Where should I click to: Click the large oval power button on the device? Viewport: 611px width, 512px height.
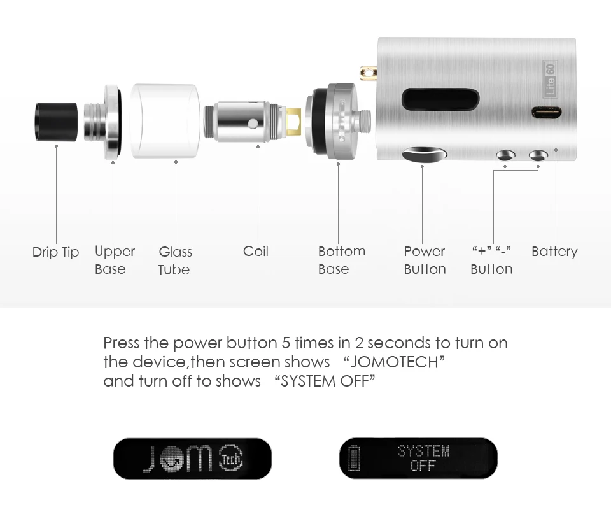pyautogui.click(x=425, y=155)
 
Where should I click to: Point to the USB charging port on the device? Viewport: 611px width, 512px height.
pyautogui.click(x=547, y=113)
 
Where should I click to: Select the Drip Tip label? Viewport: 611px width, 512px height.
pyautogui.click(x=56, y=252)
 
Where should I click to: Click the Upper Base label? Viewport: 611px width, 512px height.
pyautogui.click(x=115, y=260)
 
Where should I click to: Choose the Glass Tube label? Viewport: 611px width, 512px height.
pyautogui.click(x=175, y=260)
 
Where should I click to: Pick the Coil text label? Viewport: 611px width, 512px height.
pyautogui.click(x=256, y=252)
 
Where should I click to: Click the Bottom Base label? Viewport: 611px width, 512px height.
pyautogui.click(x=341, y=260)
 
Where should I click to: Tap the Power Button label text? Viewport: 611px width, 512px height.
pyautogui.click(x=425, y=260)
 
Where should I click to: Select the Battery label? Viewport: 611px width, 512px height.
pyautogui.click(x=554, y=252)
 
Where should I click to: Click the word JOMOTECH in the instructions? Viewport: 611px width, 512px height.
pyautogui.click(x=393, y=362)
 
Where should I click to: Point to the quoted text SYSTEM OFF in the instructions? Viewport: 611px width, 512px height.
pyautogui.click(x=325, y=381)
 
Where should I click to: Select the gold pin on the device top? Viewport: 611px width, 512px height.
pyautogui.click(x=367, y=75)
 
